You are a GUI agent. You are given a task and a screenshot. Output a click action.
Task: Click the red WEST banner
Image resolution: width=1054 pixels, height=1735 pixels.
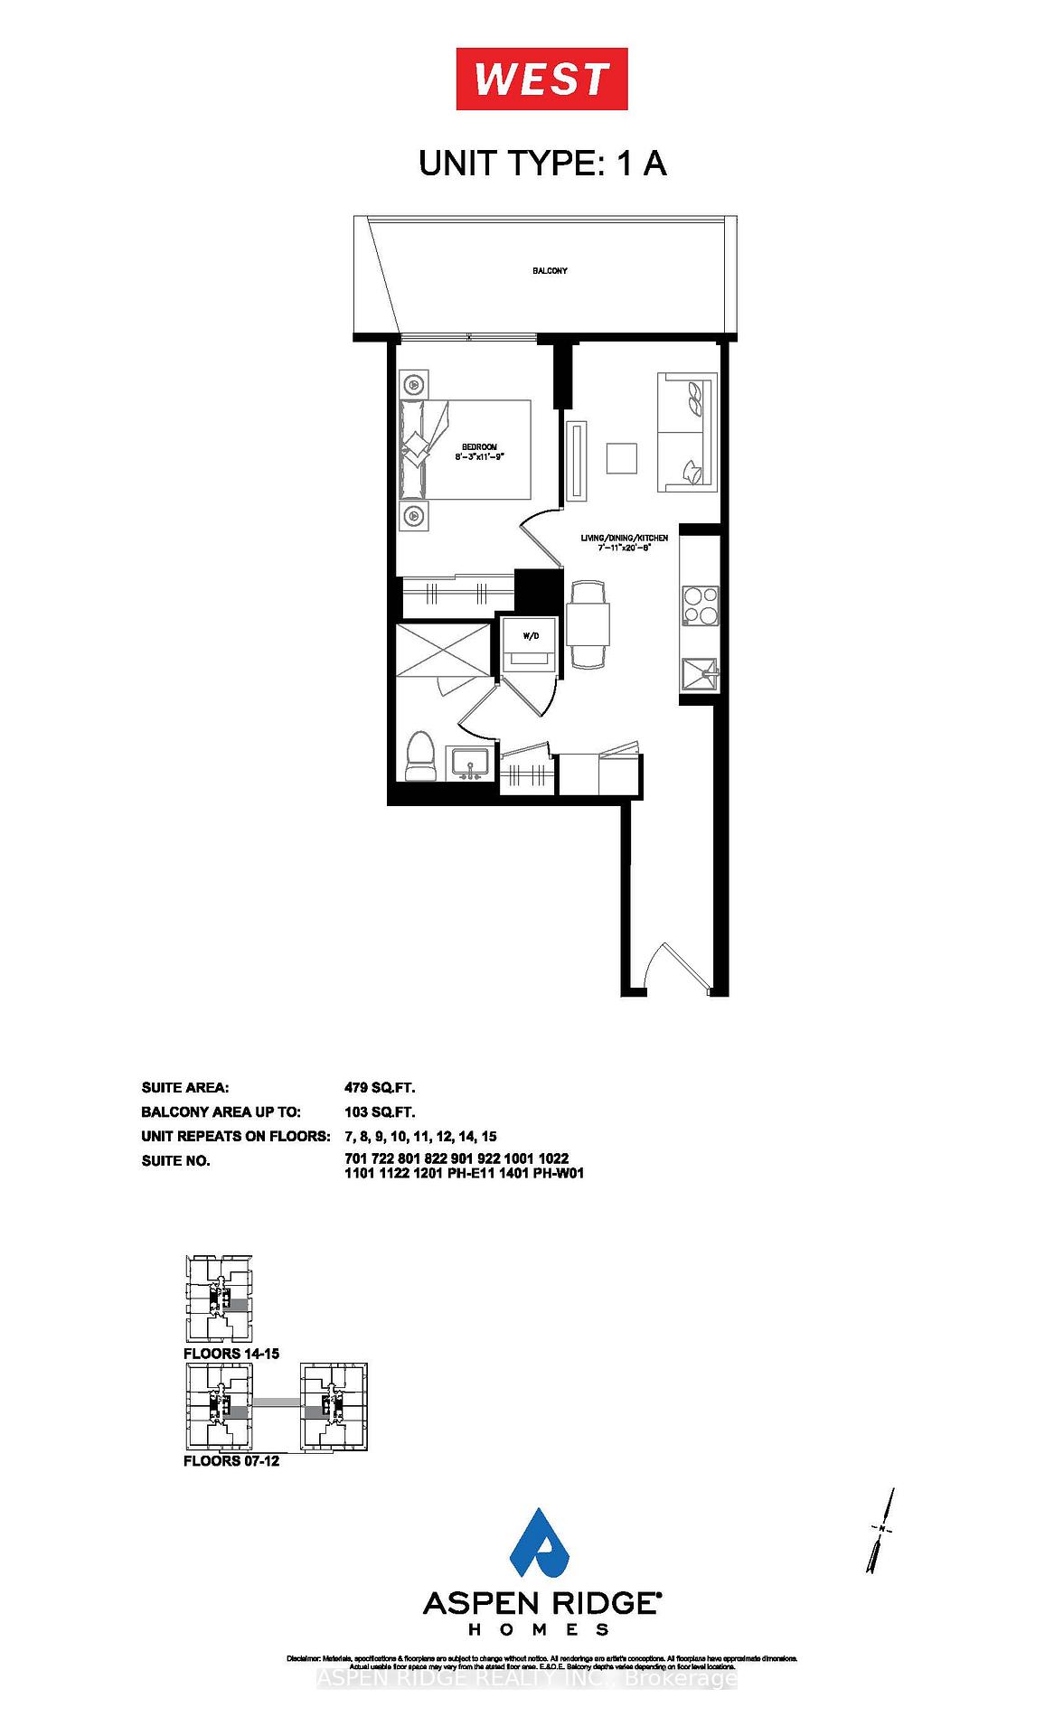point(541,80)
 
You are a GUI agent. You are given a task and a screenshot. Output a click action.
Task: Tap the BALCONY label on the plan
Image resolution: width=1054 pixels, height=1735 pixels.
point(550,271)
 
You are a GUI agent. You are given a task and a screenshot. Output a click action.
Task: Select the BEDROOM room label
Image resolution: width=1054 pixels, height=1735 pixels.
point(479,447)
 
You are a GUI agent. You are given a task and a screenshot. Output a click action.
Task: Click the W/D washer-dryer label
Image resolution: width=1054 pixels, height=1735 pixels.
point(531,636)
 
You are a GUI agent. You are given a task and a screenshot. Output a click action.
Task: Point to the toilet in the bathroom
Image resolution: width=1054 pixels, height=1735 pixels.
point(419,756)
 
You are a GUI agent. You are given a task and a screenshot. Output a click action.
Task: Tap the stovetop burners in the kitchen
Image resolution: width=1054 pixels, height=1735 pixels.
point(700,605)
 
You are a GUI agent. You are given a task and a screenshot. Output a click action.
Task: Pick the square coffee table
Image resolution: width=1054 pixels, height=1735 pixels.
point(621,457)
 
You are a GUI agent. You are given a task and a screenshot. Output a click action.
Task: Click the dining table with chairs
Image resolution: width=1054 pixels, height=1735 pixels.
point(588,624)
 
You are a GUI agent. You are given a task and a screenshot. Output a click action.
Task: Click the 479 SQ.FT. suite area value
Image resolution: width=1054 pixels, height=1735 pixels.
point(380,1088)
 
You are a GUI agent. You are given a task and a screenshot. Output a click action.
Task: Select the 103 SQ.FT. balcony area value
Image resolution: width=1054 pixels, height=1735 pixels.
point(380,1112)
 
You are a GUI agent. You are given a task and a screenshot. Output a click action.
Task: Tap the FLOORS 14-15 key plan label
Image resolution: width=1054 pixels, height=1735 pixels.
point(231,1354)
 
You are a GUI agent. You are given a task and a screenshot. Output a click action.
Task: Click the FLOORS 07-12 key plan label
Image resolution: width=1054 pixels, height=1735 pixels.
point(231,1461)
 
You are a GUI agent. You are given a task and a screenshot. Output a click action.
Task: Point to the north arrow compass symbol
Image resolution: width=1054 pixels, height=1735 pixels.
point(880,1530)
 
